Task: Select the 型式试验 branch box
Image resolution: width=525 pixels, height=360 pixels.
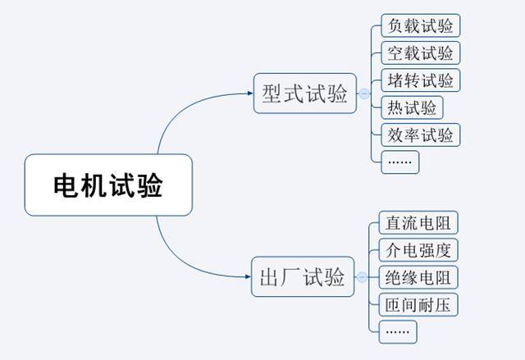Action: pos(304,93)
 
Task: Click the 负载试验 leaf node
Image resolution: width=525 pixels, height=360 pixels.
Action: pos(421,25)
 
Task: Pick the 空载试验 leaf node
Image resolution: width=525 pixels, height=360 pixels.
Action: pos(421,53)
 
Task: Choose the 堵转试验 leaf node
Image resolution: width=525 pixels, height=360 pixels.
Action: pos(421,80)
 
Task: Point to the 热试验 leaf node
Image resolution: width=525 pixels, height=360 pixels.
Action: pos(411,107)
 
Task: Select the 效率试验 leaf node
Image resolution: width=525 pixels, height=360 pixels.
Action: pos(421,134)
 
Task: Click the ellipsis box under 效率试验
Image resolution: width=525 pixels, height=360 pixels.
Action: pos(400,162)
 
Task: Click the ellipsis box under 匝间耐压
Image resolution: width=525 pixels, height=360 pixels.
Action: pos(399,332)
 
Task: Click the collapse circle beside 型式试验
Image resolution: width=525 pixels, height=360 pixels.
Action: pos(364,94)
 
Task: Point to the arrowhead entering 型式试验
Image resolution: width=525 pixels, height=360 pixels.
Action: pos(249,93)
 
